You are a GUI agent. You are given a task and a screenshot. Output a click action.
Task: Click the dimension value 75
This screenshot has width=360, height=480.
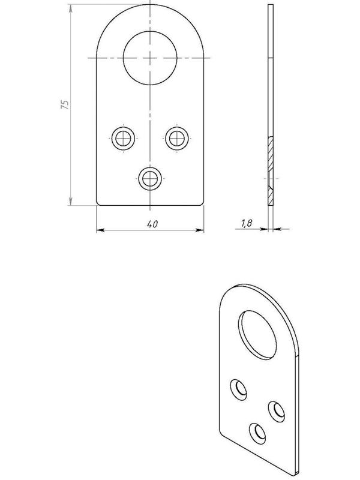tap(65, 104)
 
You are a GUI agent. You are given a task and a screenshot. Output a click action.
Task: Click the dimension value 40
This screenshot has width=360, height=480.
tap(152, 224)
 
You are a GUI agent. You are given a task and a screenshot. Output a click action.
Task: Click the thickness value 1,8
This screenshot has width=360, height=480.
tap(247, 223)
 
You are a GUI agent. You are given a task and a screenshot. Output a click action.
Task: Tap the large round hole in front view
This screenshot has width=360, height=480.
tap(150, 58)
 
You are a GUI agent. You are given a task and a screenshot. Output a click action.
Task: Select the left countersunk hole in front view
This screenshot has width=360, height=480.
tap(124, 139)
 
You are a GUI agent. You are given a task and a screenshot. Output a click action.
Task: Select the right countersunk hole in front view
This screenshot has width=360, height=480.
tap(177, 139)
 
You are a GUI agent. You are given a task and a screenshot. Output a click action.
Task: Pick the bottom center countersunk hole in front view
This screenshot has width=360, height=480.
tap(150, 178)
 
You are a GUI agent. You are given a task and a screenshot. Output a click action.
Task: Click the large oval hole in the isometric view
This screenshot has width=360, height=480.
tap(257, 335)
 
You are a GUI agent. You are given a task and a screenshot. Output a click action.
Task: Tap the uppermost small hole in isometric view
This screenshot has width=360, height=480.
tap(239, 389)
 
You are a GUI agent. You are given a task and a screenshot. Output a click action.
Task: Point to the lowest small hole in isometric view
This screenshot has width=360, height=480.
tap(258, 433)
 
